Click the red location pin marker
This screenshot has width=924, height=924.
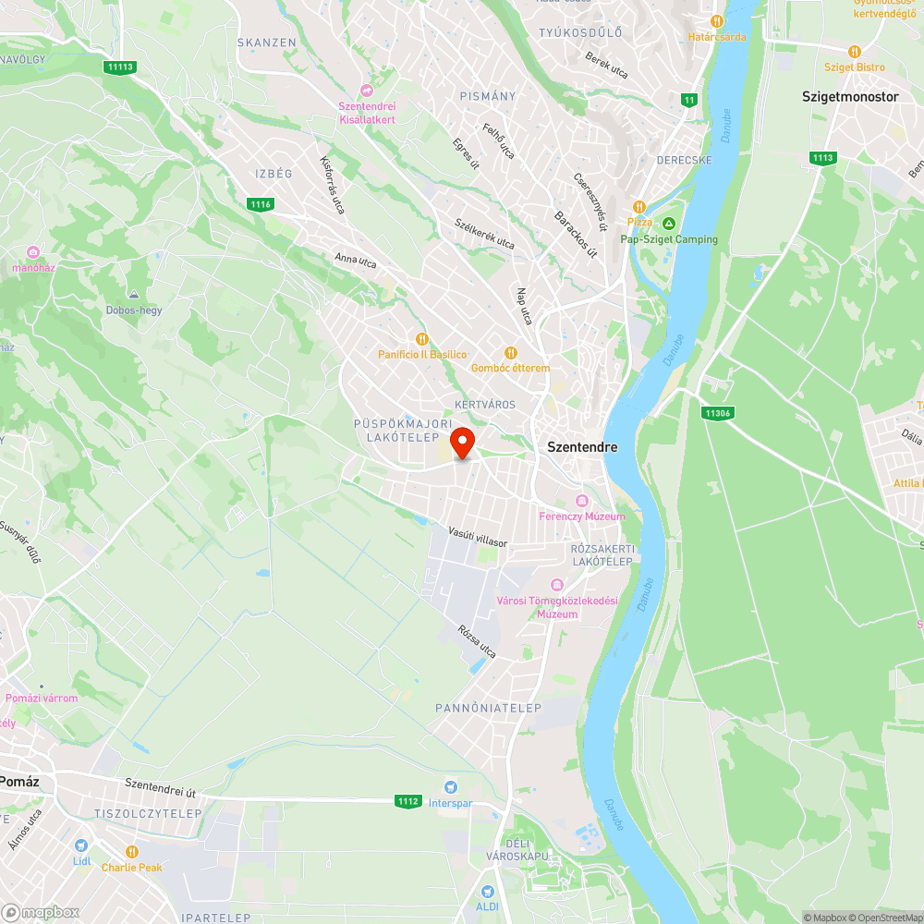[x=462, y=442]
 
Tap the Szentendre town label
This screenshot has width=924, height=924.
[x=582, y=446]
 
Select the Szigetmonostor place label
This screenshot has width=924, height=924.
[x=850, y=96]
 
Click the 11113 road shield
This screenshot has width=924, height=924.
[x=120, y=67]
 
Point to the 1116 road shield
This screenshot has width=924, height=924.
[x=261, y=203]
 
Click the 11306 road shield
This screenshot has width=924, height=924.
[x=717, y=413]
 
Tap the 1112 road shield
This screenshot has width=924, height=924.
[x=408, y=800]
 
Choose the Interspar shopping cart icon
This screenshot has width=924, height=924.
[x=450, y=787]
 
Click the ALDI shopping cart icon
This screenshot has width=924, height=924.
[x=487, y=891]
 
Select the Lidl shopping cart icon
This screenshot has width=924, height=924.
[x=81, y=845]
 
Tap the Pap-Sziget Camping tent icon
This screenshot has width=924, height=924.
[x=669, y=224]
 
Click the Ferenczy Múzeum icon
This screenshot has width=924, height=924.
[x=581, y=501]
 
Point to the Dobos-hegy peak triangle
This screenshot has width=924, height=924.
[x=134, y=294]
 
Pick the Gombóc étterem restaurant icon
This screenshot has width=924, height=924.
[x=510, y=352]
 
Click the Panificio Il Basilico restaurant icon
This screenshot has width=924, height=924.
[x=422, y=339]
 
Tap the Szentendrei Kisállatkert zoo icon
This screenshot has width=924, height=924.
[x=367, y=91]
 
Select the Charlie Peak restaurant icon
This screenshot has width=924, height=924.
[x=132, y=852]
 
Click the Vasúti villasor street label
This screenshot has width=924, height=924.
[x=478, y=537]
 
